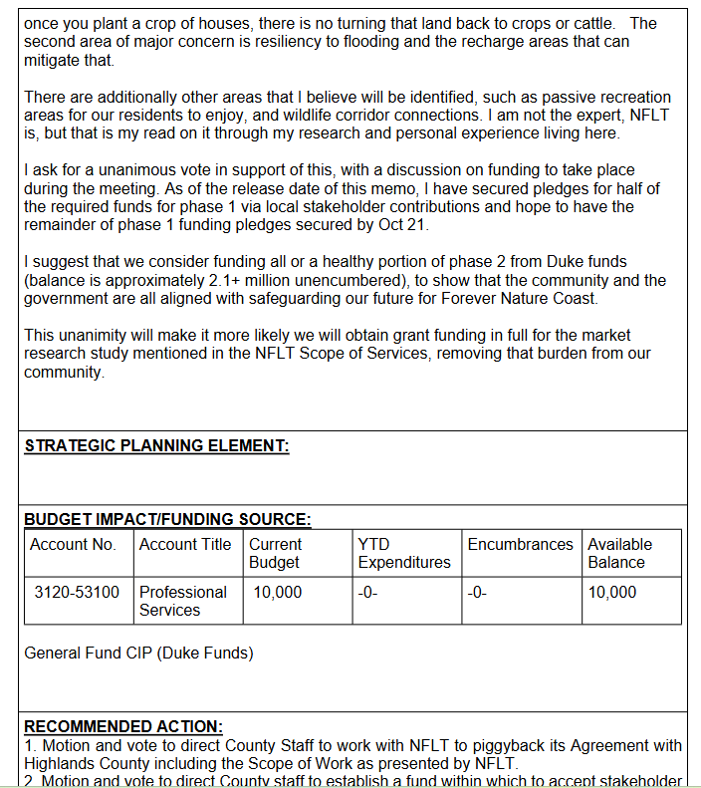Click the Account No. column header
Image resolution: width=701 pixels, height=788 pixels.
73,544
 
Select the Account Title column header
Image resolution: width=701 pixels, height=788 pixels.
185,544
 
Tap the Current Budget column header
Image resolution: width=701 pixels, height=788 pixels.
275,553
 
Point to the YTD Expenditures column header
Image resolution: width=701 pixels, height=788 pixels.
403,553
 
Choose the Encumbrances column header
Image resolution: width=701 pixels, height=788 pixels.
520,544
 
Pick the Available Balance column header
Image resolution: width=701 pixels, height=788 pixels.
619,553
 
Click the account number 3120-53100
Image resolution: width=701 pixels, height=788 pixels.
77,592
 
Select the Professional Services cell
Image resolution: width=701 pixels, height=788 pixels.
183,601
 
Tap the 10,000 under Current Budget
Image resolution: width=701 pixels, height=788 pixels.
278,592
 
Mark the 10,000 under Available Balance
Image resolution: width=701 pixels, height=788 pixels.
612,592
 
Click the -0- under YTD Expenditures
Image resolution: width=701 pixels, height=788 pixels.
368,592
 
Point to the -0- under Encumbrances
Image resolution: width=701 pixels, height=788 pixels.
478,592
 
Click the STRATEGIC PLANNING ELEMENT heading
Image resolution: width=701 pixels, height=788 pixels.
156,446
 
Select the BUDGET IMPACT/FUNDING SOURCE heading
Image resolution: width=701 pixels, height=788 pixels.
167,519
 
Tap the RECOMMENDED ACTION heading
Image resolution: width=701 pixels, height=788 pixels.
123,727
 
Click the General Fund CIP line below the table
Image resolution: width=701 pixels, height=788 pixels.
138,654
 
